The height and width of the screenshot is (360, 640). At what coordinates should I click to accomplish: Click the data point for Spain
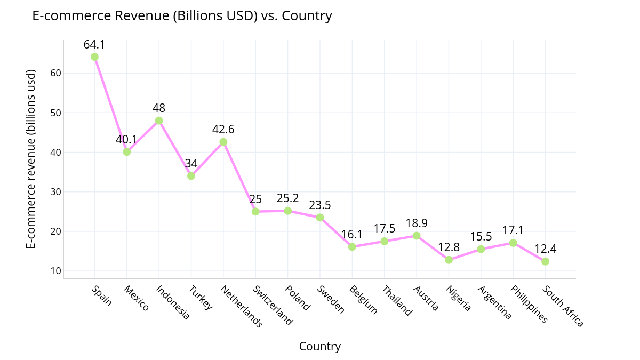[94, 57]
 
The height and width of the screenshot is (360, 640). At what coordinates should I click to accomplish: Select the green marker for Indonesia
[159, 121]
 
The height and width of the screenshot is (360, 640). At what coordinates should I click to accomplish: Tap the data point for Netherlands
[223, 142]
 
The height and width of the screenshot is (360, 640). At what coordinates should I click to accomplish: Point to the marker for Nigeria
[449, 260]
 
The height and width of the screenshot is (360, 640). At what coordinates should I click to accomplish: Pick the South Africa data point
[545, 261]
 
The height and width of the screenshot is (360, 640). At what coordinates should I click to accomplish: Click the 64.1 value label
[94, 44]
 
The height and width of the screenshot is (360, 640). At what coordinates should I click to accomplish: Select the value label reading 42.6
[223, 129]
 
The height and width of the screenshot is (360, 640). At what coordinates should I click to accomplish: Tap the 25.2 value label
[287, 198]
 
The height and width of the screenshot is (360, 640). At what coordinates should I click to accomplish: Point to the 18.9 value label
[416, 223]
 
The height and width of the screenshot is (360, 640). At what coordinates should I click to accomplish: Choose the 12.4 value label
[545, 249]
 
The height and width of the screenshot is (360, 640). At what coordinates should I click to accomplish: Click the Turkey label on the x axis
[201, 298]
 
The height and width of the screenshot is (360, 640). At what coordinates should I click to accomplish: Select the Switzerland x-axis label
[273, 306]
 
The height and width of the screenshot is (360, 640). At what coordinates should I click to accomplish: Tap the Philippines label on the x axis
[529, 305]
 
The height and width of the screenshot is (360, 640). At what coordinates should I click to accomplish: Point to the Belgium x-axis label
[363, 300]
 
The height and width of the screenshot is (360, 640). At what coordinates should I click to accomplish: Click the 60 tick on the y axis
[56, 73]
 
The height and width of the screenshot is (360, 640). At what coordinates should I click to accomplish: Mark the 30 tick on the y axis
[56, 192]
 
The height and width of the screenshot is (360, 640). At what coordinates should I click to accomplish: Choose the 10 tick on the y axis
[56, 271]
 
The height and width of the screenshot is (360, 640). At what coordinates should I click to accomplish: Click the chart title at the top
[182, 16]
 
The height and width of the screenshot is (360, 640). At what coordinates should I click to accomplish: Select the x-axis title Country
[319, 347]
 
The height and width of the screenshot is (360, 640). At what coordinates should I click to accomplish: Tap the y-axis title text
[31, 158]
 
